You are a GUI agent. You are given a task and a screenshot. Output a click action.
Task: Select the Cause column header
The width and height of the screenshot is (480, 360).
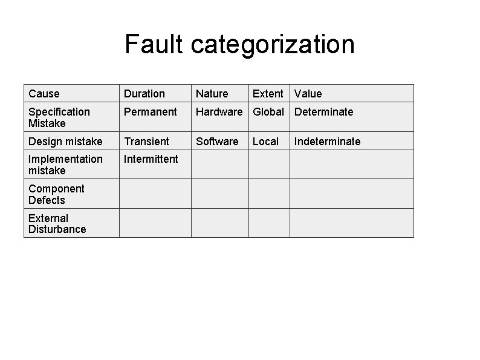[44, 94]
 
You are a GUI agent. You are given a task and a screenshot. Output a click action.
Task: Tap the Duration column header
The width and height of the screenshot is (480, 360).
[144, 94]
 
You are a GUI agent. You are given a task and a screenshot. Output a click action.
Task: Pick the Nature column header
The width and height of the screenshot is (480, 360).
[212, 94]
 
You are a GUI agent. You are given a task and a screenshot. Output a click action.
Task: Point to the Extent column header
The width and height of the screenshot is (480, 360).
[268, 94]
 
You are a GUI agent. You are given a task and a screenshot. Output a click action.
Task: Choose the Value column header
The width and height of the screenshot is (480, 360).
[308, 94]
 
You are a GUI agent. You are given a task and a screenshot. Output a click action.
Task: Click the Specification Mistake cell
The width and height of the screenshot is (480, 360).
[59, 117]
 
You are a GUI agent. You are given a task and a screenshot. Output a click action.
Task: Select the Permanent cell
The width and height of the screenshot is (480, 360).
[150, 112]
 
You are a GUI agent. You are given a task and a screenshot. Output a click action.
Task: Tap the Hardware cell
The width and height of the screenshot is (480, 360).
[219, 112]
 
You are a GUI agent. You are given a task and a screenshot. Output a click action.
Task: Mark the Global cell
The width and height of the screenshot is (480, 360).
[268, 112]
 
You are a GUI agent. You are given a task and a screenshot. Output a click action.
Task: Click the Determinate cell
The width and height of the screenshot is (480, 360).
[323, 112]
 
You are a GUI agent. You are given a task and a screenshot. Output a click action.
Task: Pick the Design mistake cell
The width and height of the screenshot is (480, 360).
[65, 142]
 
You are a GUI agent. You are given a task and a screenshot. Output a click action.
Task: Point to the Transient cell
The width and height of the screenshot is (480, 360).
[146, 142]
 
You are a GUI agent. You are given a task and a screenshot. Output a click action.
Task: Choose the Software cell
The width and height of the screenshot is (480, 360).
[217, 142]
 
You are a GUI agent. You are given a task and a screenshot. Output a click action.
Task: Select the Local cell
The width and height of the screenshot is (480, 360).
[265, 142]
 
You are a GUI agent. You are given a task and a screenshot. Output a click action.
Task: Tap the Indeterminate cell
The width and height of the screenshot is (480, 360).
[327, 142]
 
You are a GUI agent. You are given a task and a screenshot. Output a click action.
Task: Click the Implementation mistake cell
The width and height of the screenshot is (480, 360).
[65, 165]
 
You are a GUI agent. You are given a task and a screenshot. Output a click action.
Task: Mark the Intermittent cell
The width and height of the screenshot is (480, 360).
[151, 159]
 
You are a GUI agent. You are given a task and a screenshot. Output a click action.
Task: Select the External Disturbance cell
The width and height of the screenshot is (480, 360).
[57, 224]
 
